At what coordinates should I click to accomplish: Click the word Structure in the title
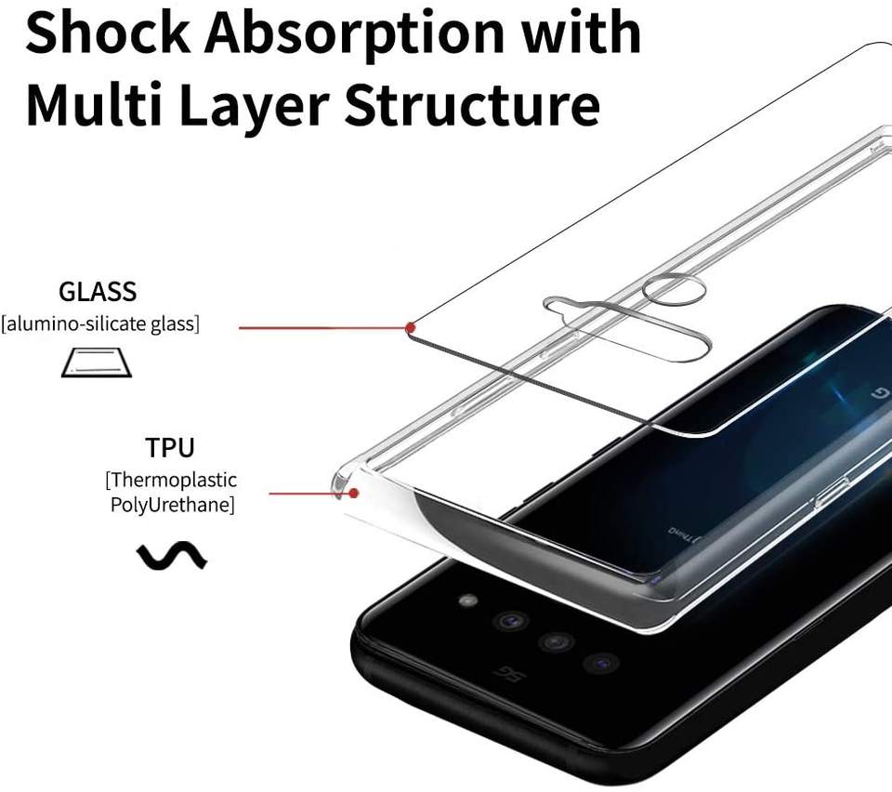(472, 105)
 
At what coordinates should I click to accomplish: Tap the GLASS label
(97, 292)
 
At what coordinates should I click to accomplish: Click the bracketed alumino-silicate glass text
(99, 324)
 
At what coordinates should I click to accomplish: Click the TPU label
(170, 448)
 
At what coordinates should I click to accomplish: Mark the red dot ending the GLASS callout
(410, 327)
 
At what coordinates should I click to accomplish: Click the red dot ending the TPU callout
(353, 493)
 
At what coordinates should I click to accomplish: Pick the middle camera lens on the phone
(555, 642)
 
